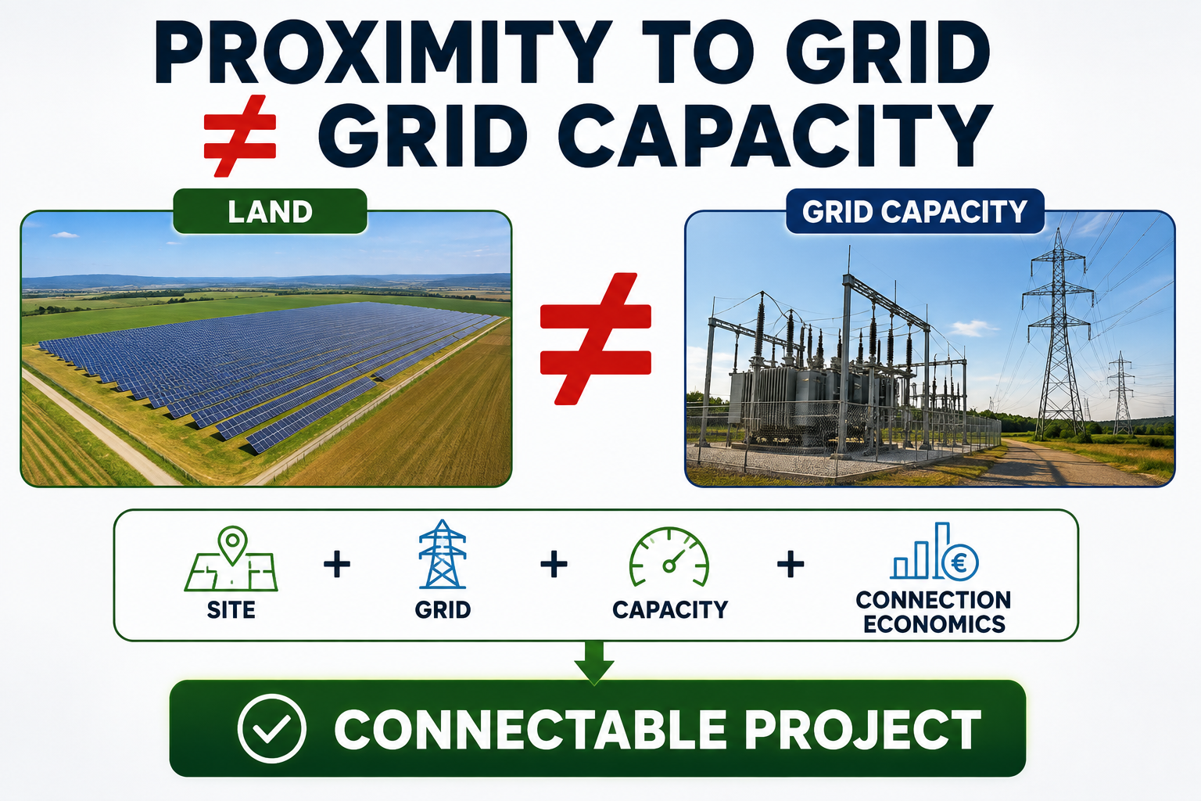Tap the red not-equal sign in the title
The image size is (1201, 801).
(x=240, y=136)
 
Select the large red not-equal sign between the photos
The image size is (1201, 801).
(x=596, y=339)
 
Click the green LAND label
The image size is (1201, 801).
(x=271, y=211)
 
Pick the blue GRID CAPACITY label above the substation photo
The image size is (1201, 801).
(x=915, y=211)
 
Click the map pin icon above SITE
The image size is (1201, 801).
(x=233, y=545)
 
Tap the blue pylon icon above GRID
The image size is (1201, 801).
(x=443, y=555)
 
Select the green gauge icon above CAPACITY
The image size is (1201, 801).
(x=669, y=557)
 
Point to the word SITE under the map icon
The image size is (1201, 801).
(x=231, y=610)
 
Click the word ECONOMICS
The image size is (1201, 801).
(x=934, y=624)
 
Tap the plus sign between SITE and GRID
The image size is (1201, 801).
(x=337, y=564)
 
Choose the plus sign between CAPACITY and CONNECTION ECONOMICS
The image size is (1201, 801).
(x=791, y=564)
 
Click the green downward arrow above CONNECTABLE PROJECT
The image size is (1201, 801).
(x=594, y=663)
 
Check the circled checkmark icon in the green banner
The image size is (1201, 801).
(x=272, y=728)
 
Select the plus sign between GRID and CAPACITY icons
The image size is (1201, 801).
(x=554, y=564)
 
